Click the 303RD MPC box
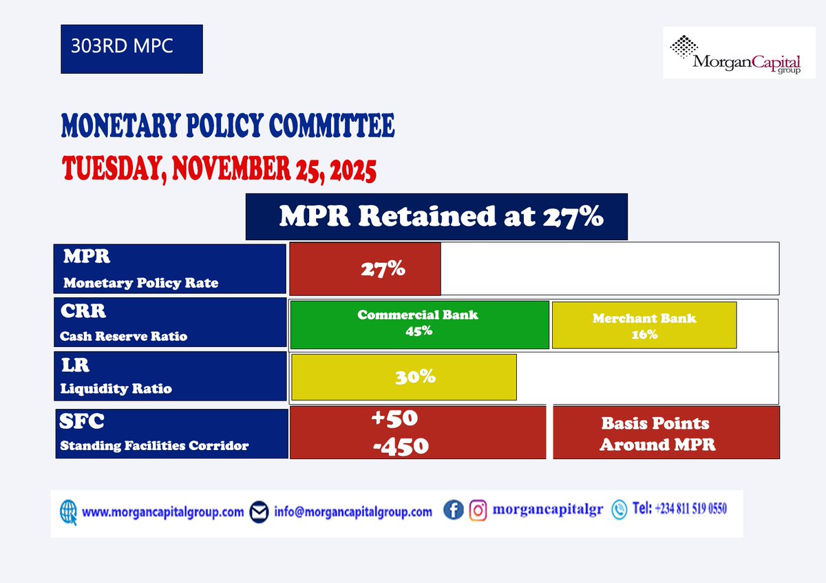[131, 49]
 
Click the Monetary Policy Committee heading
[228, 127]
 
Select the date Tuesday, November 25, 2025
[219, 169]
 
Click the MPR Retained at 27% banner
[436, 217]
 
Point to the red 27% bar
[366, 268]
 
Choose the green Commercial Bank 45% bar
[419, 324]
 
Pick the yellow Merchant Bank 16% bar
[644, 326]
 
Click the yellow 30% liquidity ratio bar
[404, 377]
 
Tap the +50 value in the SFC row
[394, 419]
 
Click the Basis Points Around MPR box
[666, 433]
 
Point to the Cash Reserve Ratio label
[124, 337]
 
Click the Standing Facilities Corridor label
[154, 445]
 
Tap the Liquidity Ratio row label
[116, 389]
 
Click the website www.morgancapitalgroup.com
[162, 512]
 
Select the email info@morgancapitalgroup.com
[352, 511]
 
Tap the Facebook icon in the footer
[453, 510]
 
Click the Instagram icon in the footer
[478, 510]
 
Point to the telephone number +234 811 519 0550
[679, 509]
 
